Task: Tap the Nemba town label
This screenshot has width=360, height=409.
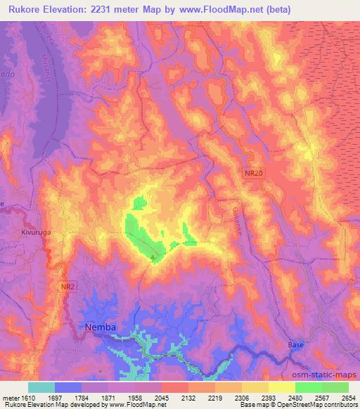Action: [x=100, y=327]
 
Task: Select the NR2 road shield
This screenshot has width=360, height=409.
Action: [x=67, y=287]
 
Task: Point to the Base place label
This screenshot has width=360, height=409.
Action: [x=296, y=345]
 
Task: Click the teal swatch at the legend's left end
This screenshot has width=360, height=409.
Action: [x=41, y=387]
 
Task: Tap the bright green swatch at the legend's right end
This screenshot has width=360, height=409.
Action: [x=335, y=387]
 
